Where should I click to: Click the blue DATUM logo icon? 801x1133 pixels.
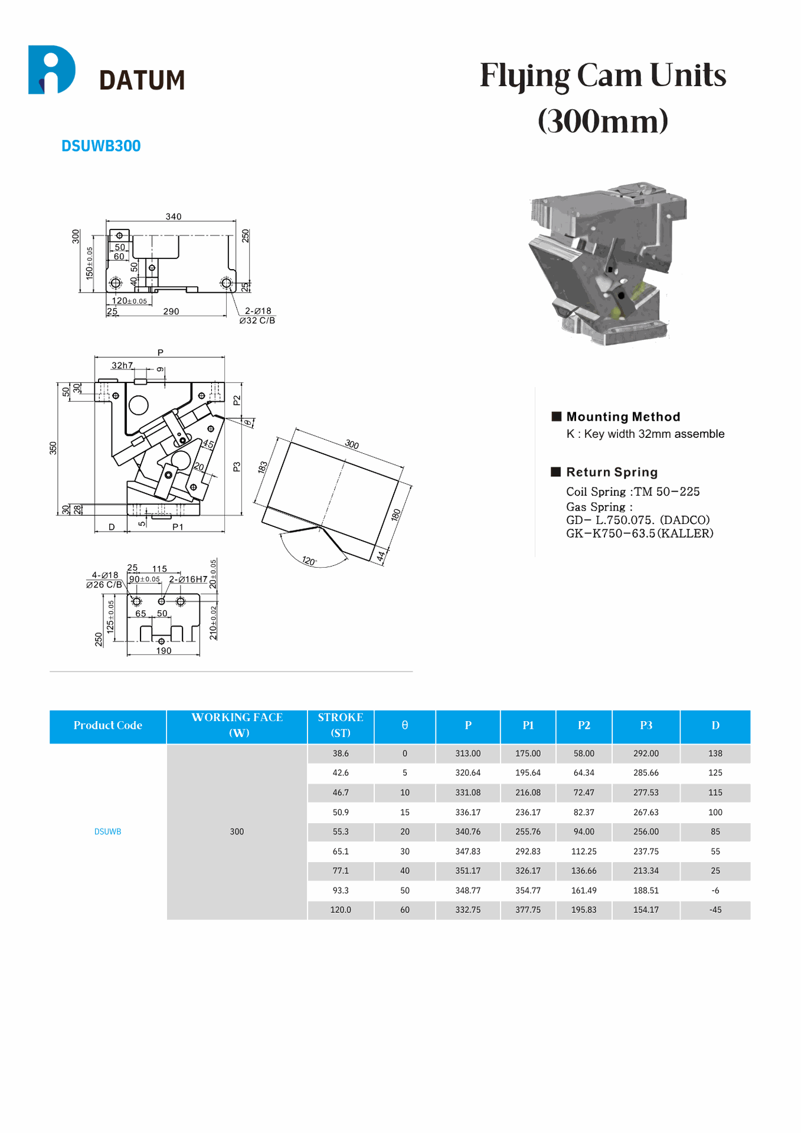click(51, 70)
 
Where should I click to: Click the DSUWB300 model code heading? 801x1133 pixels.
click(101, 146)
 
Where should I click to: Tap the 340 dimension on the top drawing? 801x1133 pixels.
click(174, 217)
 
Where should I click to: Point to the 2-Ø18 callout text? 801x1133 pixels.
click(258, 311)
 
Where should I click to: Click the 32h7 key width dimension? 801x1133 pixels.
click(122, 365)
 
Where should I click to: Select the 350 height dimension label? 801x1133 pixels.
click(54, 448)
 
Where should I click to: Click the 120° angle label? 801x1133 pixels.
click(309, 560)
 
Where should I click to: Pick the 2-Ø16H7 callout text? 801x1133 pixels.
click(188, 579)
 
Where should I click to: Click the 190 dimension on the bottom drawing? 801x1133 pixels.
click(164, 650)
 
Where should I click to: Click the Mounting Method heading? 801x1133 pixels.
click(623, 417)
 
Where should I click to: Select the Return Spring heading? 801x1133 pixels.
click(612, 472)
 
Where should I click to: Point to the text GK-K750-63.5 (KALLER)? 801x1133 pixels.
click(639, 533)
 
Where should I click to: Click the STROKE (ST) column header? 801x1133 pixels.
click(341, 725)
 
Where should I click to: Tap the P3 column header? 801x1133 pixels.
click(646, 725)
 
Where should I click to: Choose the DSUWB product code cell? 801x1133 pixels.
click(107, 831)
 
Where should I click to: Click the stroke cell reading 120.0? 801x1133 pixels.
click(341, 910)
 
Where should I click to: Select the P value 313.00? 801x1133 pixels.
click(467, 754)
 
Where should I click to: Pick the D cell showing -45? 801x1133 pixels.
click(715, 910)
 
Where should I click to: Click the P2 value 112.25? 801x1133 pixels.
click(584, 852)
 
